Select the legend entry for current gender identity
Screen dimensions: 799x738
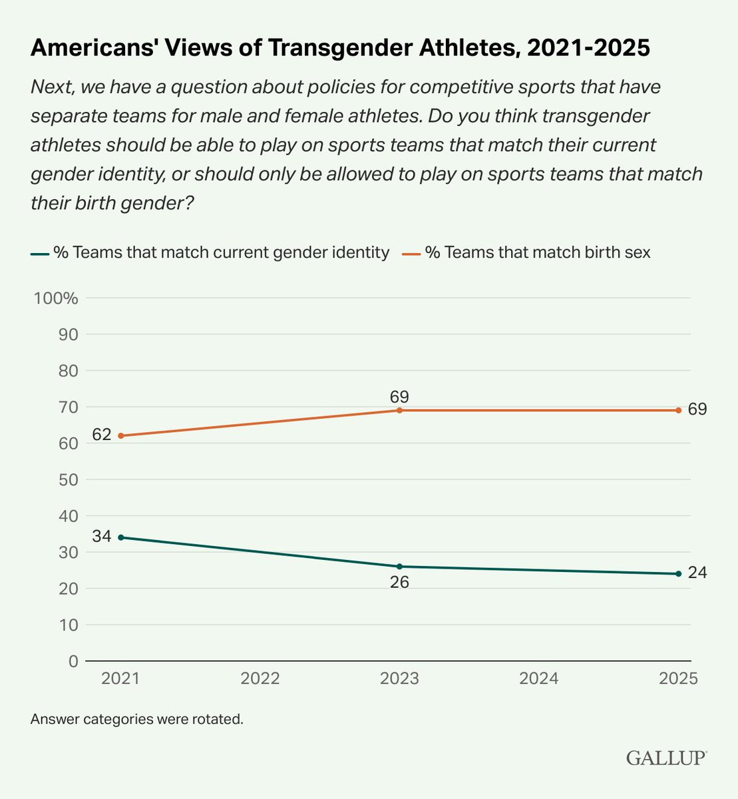tap(210, 253)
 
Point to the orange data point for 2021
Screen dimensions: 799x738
tap(120, 435)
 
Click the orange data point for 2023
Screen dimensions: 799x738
tap(399, 410)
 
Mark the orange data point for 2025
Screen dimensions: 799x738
tap(678, 410)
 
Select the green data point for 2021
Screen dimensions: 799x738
tap(120, 537)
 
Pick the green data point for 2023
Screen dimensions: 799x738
tap(399, 567)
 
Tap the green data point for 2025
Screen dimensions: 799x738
tap(678, 573)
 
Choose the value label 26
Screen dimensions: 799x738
tap(399, 583)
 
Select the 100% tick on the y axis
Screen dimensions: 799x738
tap(57, 298)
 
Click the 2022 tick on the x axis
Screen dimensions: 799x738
tap(260, 678)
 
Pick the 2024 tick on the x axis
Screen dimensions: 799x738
tap(538, 678)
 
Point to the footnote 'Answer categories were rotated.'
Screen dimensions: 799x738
tap(136, 720)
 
